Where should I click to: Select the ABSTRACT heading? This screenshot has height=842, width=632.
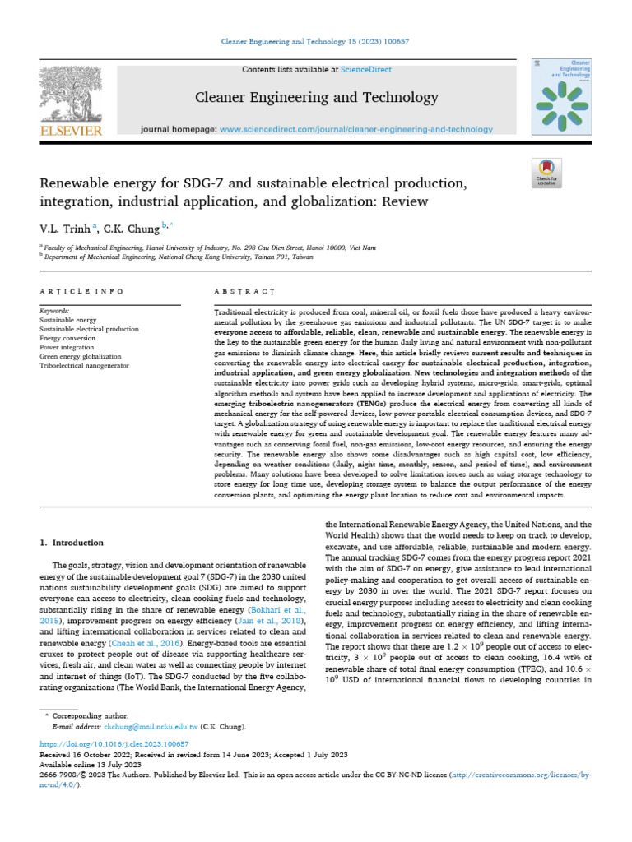click(x=244, y=291)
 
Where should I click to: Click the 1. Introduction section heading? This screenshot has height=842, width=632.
click(x=72, y=543)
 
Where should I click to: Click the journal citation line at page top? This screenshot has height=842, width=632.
click(x=316, y=41)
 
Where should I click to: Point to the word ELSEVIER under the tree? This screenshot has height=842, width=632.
click(x=71, y=130)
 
